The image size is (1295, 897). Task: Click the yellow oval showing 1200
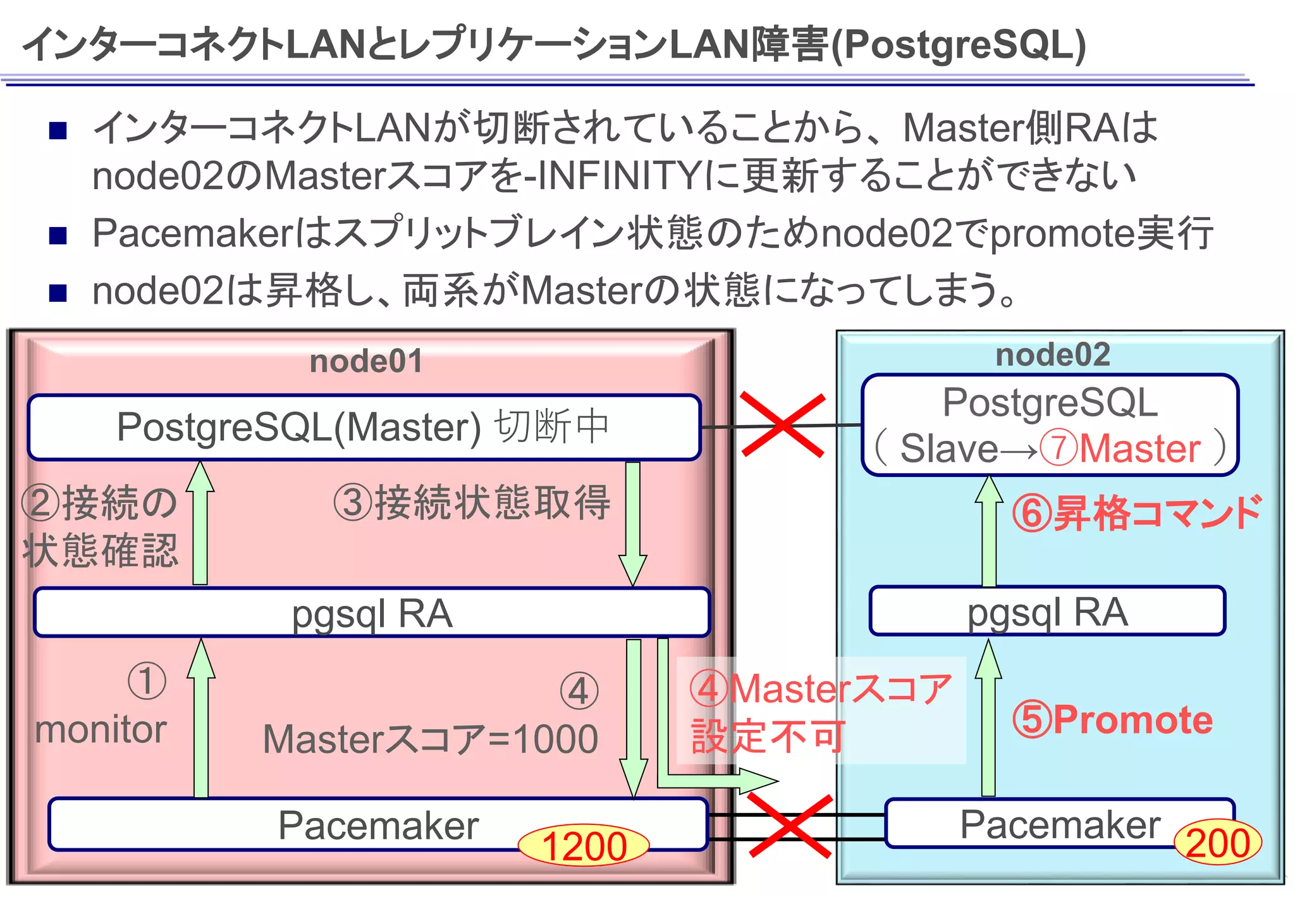(583, 846)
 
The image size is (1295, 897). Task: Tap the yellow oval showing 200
(1217, 843)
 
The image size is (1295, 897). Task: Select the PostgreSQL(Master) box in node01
(364, 427)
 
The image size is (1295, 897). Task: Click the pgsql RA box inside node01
(372, 612)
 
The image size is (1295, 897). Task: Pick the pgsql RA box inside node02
(1047, 611)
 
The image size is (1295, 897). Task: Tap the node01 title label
(366, 361)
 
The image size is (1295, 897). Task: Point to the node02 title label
(1052, 354)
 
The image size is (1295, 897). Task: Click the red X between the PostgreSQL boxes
(783, 424)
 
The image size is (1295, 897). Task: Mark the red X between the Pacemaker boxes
(790, 826)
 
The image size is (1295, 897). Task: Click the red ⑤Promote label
(1112, 720)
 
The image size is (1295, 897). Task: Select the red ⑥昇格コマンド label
(1136, 512)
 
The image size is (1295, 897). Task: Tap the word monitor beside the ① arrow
(101, 729)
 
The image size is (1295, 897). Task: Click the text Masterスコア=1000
(430, 739)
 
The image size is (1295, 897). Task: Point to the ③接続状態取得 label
(472, 503)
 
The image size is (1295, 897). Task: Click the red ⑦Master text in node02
(1120, 448)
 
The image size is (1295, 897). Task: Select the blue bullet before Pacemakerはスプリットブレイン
(58, 235)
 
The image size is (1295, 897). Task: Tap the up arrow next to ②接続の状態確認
(200, 523)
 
